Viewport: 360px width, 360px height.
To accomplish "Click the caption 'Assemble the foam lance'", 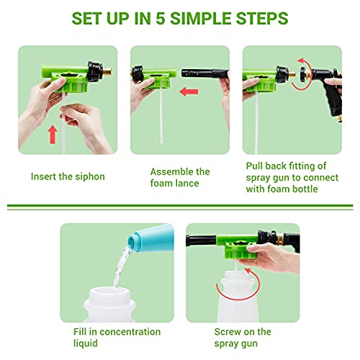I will (x=180, y=178).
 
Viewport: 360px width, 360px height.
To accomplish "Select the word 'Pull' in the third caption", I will (x=256, y=166).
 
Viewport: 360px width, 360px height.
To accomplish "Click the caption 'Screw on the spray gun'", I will (x=243, y=337).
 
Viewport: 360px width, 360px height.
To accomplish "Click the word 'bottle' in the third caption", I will (x=310, y=189).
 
